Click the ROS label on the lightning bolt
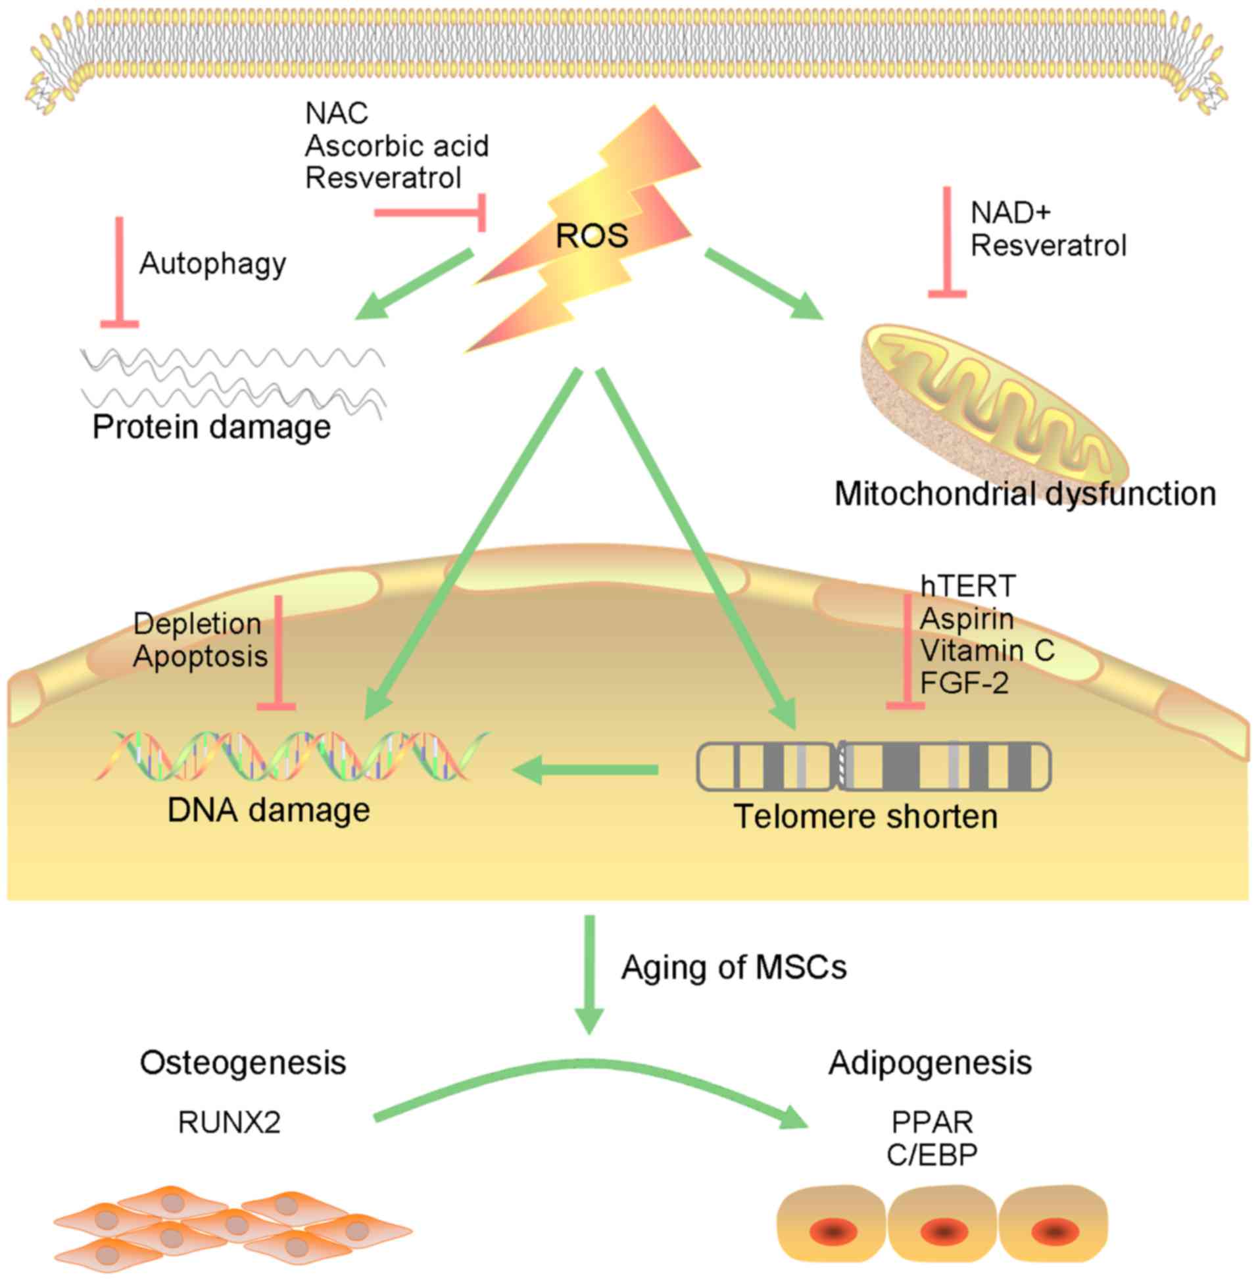pos(591,236)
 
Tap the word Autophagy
pos(213,264)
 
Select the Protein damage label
pos(212,427)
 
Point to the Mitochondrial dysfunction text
pos(1025,493)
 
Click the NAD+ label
pos(1010,212)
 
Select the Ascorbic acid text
pos(397,146)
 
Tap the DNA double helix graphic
pos(291,756)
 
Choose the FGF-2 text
pos(965,683)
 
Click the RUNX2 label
pos(230,1123)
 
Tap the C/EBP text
pos(932,1155)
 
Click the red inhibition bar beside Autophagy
pos(120,271)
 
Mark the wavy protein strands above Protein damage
pos(231,380)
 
